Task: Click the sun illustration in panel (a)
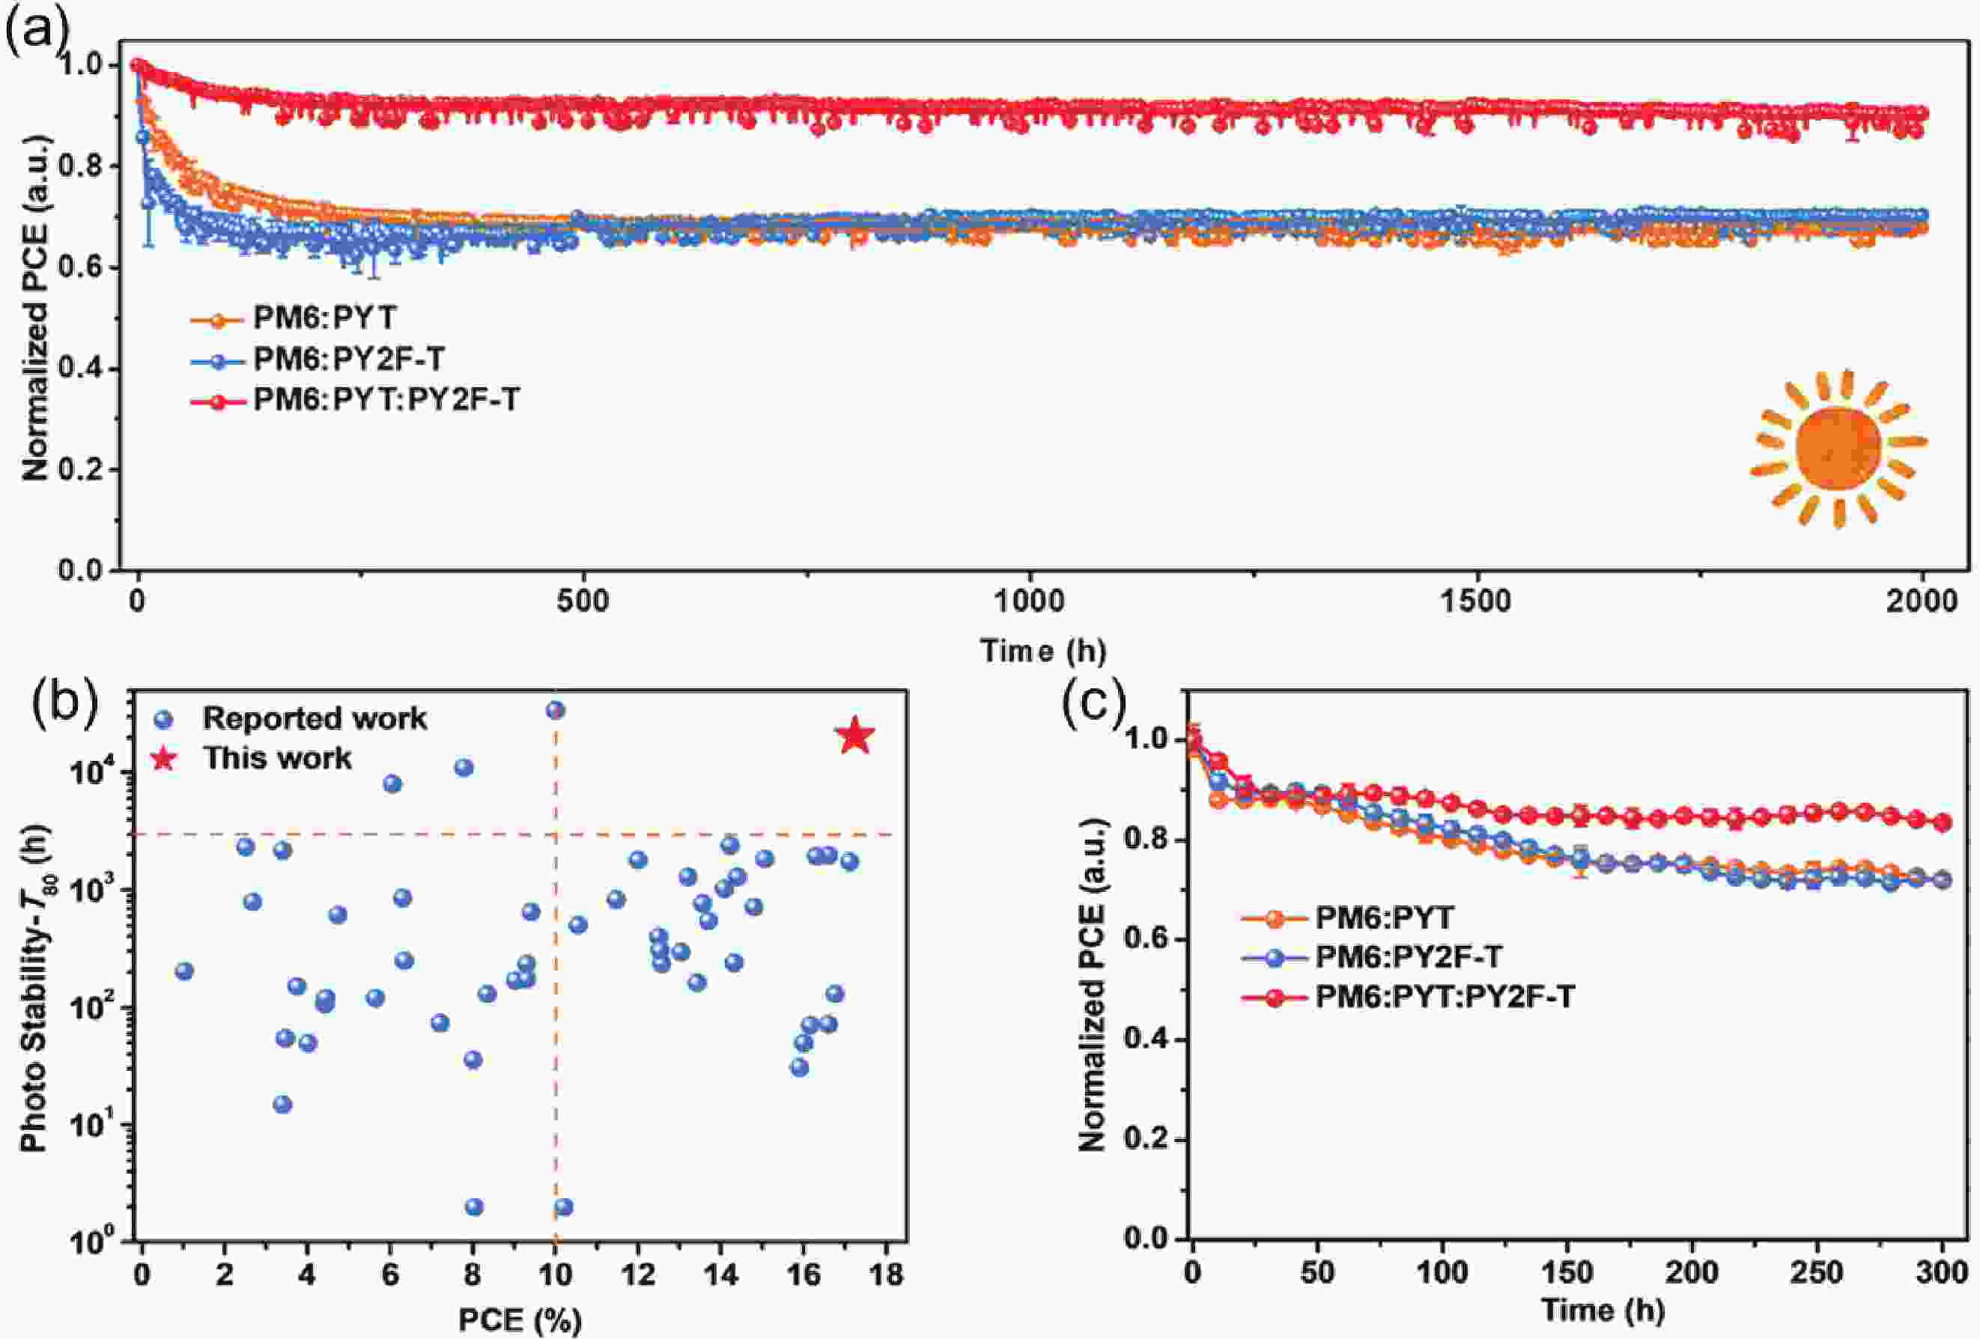click(1837, 448)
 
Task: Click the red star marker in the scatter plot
click(855, 737)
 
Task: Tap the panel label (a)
click(35, 31)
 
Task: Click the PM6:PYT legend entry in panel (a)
click(324, 318)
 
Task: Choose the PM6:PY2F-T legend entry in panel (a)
click(348, 359)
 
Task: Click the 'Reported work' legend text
click(315, 718)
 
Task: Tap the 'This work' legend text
click(277, 758)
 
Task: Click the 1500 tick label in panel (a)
click(1475, 602)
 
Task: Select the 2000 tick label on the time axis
click(1921, 602)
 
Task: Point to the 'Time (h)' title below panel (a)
click(1043, 651)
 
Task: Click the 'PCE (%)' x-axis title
click(520, 1320)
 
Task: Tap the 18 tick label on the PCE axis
click(887, 1275)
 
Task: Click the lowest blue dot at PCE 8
click(475, 1207)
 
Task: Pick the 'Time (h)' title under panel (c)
click(1602, 1310)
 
